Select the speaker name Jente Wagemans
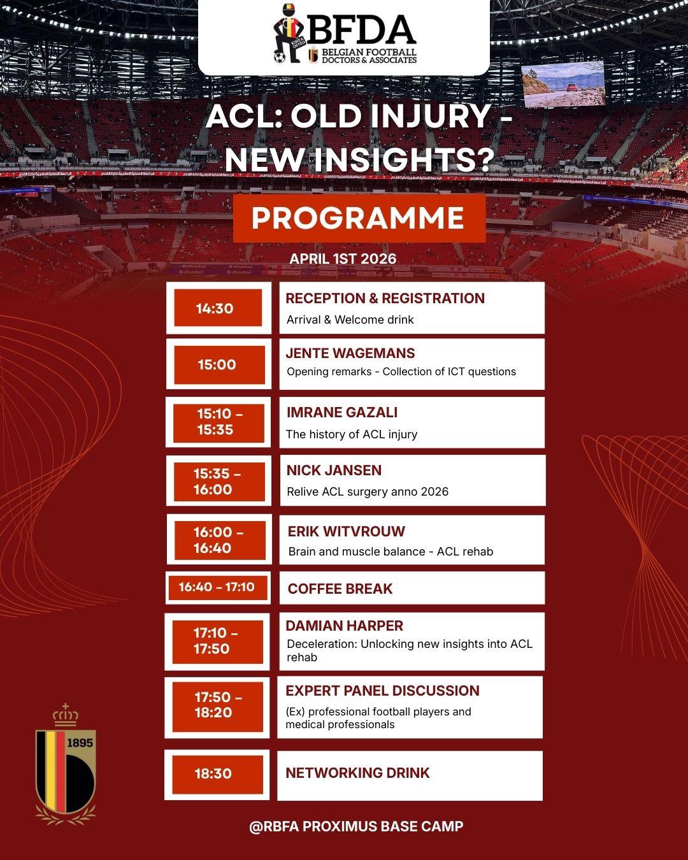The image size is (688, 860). point(350,354)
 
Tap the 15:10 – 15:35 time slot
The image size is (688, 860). point(219,422)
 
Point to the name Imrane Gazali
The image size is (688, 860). point(341,412)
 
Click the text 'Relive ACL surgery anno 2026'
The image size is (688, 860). point(368,492)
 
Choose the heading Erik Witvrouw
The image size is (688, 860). point(346,531)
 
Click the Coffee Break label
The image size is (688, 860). point(340,589)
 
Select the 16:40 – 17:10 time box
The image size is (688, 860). point(217,587)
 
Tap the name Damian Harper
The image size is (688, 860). point(344,626)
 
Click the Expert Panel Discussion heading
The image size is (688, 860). point(382,691)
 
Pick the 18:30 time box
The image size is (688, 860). point(217,774)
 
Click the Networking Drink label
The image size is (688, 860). point(357,773)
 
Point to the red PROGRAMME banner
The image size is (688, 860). point(359,219)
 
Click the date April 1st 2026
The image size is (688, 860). point(343,259)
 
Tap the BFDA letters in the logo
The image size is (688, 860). point(363,29)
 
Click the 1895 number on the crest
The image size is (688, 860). point(80,743)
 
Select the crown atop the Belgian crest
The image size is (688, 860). point(65,715)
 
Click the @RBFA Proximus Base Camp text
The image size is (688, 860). point(356,826)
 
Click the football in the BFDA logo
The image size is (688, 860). point(280,58)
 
